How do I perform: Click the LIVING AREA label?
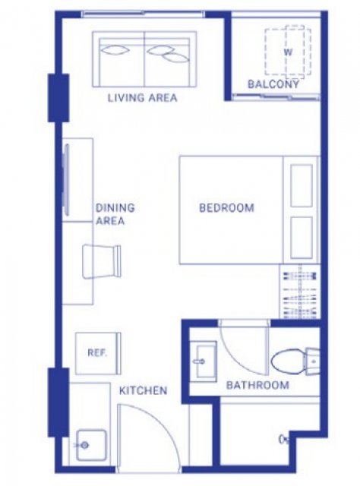[x=142, y=98]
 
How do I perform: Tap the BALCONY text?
[x=273, y=84]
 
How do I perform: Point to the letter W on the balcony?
[x=288, y=52]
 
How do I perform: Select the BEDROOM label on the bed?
[x=226, y=207]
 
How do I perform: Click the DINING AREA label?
[x=115, y=214]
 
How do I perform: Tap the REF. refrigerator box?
[x=98, y=353]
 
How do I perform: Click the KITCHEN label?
[x=144, y=390]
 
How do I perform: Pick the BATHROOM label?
[x=257, y=385]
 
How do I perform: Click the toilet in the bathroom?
[x=295, y=361]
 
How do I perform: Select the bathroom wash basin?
[x=203, y=361]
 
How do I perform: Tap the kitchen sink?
[x=91, y=445]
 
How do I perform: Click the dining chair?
[x=102, y=261]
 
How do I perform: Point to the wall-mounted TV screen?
[x=66, y=179]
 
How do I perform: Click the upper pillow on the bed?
[x=302, y=185]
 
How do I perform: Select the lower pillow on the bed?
[x=302, y=238]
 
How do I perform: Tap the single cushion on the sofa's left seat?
[x=115, y=50]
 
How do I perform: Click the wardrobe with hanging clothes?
[x=299, y=292]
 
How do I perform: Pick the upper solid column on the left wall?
[x=58, y=98]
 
